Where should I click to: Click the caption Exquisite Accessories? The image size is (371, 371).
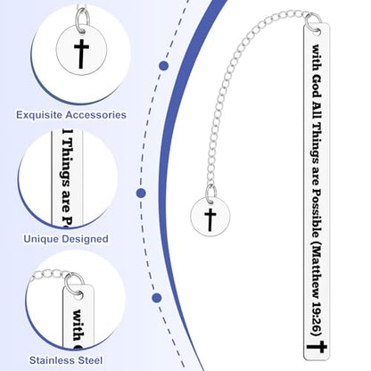[71, 115]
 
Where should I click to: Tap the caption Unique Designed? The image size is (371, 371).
[66, 239]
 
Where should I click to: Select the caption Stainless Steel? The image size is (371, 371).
[66, 360]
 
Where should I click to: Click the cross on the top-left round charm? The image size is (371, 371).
[81, 54]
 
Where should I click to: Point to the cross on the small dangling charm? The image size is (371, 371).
[210, 219]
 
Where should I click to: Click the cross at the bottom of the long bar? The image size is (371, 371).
[317, 347]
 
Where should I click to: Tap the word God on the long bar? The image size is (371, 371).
[317, 86]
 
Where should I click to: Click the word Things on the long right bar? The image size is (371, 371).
[316, 142]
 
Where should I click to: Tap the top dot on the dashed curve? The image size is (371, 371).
[163, 66]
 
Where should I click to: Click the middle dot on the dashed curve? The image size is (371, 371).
[141, 194]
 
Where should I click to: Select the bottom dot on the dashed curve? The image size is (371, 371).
[157, 298]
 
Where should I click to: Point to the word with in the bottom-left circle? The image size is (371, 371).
[78, 326]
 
